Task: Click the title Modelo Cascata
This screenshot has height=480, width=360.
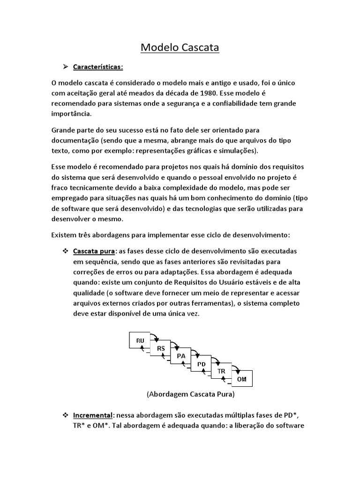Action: click(180, 48)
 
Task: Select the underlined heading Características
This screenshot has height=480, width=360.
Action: click(97, 67)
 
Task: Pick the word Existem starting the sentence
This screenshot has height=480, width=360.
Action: click(65, 234)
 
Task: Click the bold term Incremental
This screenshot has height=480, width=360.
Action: click(93, 415)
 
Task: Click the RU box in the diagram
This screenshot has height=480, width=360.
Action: click(140, 340)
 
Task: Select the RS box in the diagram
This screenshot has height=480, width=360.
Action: click(161, 348)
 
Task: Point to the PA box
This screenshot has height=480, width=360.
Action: click(181, 356)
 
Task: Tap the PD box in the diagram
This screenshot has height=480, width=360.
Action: click(201, 364)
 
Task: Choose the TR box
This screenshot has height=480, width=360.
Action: click(221, 371)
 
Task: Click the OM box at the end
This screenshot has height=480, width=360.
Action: click(242, 379)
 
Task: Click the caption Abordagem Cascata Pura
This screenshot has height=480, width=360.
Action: click(190, 394)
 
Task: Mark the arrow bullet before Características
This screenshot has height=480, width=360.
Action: click(66, 67)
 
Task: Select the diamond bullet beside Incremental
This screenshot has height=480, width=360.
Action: click(66, 415)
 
